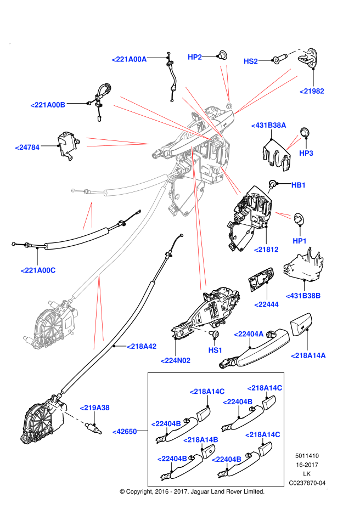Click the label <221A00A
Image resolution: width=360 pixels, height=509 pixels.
[x=130, y=59]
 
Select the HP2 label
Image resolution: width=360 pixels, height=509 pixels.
[x=195, y=57]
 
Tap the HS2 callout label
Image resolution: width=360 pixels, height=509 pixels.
[x=251, y=61]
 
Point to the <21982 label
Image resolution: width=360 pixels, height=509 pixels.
[x=312, y=91]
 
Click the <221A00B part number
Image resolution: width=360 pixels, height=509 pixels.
[x=48, y=105]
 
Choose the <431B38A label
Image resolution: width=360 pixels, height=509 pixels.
[x=269, y=125]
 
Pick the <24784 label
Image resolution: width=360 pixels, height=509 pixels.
[x=27, y=147]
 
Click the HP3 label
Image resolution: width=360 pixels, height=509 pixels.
[x=306, y=153]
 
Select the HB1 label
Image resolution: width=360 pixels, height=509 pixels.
[x=299, y=185]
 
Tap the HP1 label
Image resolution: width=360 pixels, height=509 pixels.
[x=300, y=241]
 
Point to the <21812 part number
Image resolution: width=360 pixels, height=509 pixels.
[x=266, y=250]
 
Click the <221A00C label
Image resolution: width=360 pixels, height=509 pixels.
[x=38, y=270]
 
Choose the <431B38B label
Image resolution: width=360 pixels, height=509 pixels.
[x=303, y=296]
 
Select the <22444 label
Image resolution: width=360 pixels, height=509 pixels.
[x=267, y=304]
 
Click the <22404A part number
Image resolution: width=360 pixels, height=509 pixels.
[x=249, y=334]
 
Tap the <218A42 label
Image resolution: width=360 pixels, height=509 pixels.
[x=142, y=346]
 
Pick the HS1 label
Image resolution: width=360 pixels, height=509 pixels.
[x=215, y=350]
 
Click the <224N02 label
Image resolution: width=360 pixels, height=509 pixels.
[x=176, y=360]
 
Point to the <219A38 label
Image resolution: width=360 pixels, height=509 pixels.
[x=95, y=408]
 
